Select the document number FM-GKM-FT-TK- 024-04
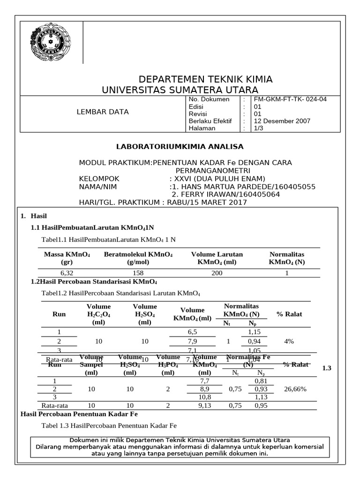point(290,99)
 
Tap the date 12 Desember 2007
point(282,120)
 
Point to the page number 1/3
point(259,128)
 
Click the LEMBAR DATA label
point(102,112)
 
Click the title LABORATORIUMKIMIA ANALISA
point(180,147)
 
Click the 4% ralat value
point(289,341)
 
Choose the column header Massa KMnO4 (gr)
point(67,258)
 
